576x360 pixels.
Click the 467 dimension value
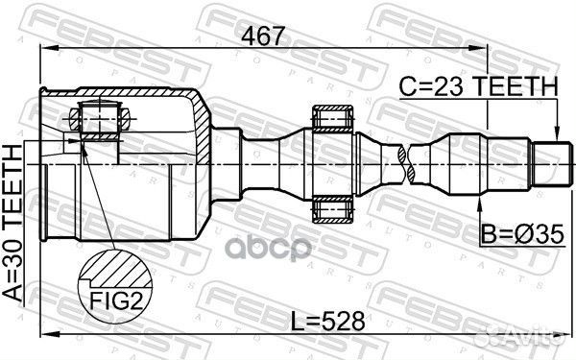[263, 36]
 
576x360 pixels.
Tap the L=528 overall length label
[328, 321]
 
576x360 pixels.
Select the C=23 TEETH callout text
[479, 86]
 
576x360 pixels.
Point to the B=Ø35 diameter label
[522, 234]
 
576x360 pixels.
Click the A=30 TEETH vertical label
[13, 223]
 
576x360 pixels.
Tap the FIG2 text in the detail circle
[116, 300]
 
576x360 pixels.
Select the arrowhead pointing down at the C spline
[557, 134]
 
